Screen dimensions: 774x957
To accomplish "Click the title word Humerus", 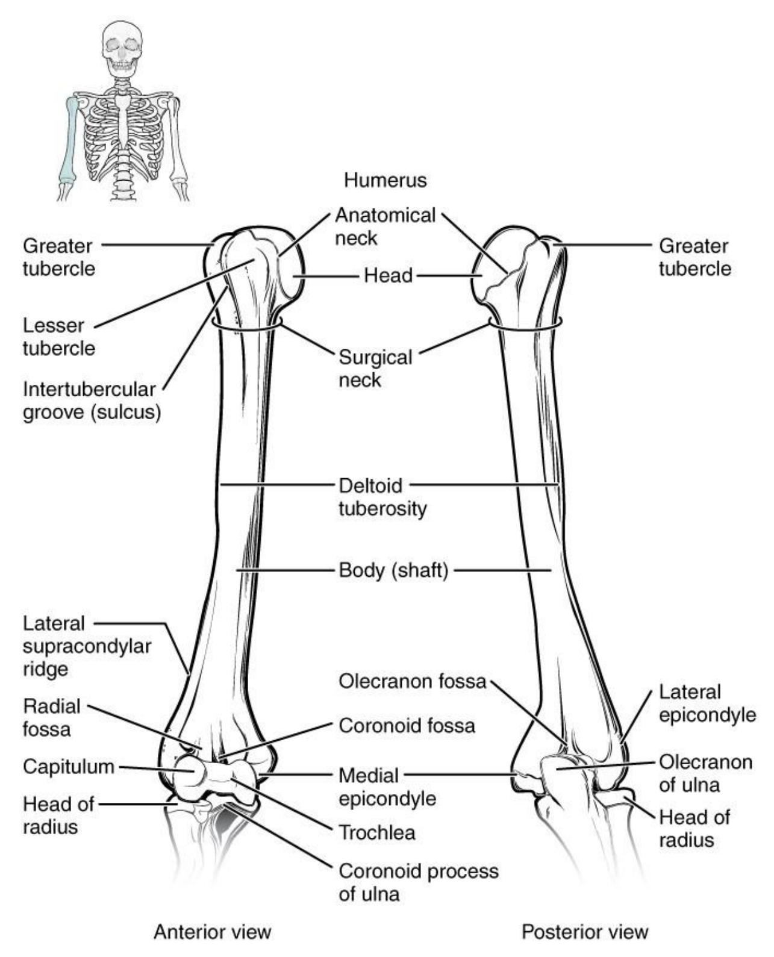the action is [385, 180].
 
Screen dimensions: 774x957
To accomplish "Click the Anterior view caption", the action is [212, 932].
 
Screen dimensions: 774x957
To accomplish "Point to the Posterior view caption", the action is [584, 932].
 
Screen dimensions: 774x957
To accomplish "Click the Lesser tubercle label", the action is [59, 337].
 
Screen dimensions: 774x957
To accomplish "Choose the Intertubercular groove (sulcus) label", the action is [92, 401].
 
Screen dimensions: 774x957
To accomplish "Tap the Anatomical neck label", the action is [385, 226].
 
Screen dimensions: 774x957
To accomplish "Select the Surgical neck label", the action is [375, 369].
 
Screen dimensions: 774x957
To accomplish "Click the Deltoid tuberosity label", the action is [382, 497].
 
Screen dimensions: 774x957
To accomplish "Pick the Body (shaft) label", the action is [393, 570].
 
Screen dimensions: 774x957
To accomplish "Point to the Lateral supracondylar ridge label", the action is [87, 646].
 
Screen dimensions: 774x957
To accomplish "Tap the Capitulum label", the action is [68, 767].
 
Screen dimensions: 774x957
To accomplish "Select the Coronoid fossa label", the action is [407, 726].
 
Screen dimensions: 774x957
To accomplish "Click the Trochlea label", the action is [376, 832].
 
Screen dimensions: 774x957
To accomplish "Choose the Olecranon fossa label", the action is [412, 682].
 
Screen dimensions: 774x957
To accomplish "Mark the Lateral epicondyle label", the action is [707, 703].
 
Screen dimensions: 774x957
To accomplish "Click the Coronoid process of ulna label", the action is [418, 882].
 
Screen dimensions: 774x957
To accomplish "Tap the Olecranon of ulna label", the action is [705, 773].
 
